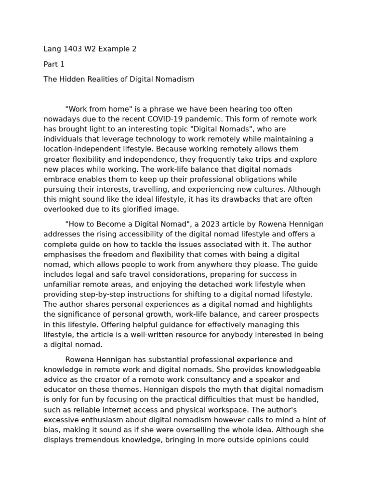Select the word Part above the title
coord(51,64)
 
